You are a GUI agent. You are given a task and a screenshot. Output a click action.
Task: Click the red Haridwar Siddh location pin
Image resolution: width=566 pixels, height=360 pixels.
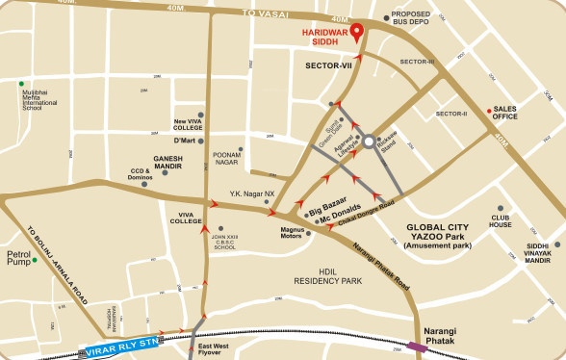[357, 32]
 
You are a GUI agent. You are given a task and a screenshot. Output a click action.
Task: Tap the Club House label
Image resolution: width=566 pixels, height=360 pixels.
[500, 220]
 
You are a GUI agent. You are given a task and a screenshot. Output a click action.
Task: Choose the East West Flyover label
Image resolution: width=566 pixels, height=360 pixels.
[213, 348]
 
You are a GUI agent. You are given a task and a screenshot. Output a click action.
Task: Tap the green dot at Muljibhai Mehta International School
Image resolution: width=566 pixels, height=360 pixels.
[21, 85]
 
